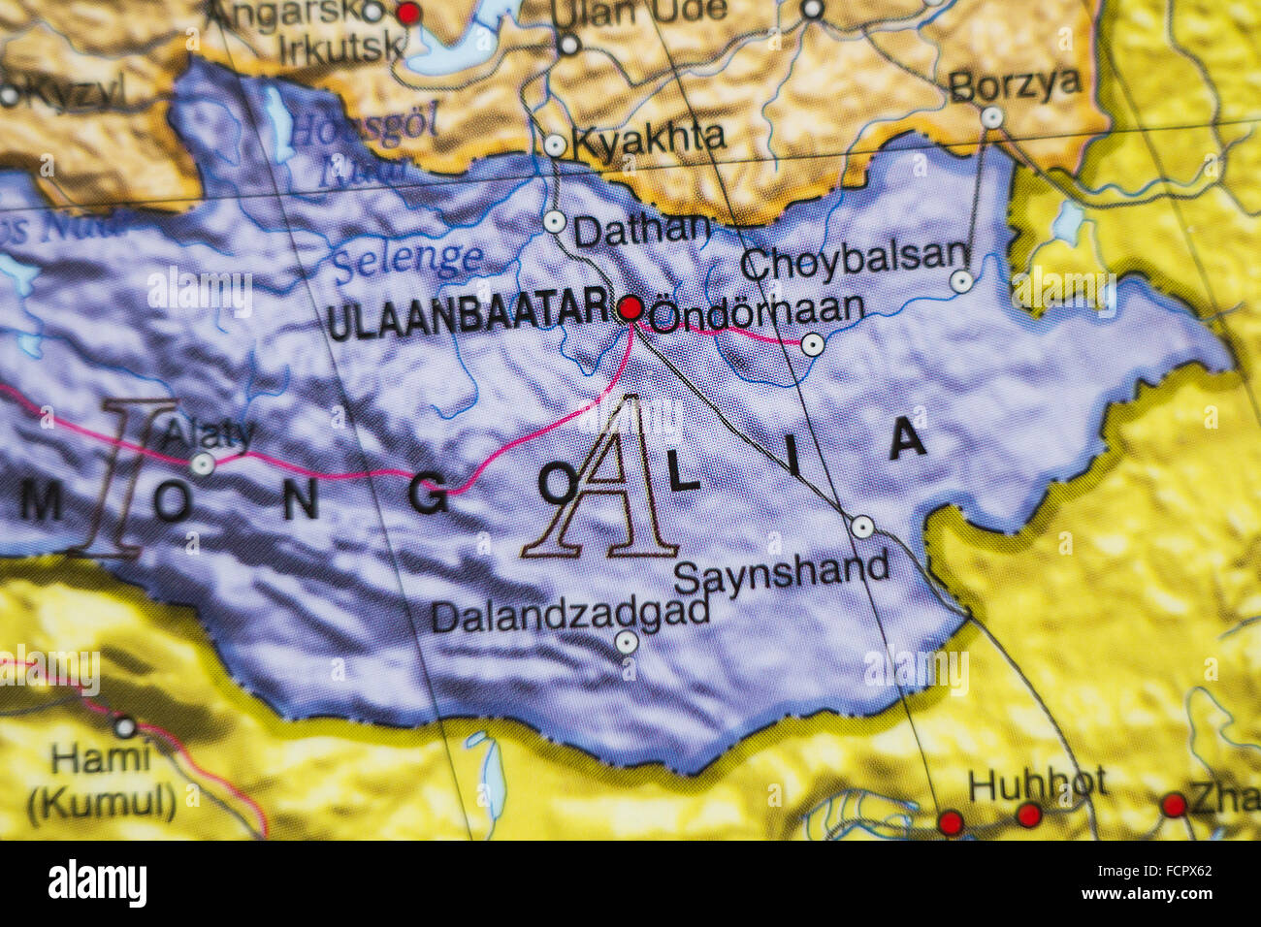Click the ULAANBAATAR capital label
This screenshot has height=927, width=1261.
[x=469, y=316]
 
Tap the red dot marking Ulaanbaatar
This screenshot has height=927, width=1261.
[x=630, y=308]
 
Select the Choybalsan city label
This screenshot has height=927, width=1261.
[x=854, y=260]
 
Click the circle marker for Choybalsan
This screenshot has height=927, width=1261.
[x=960, y=281]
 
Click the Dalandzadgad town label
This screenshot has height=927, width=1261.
[x=569, y=614]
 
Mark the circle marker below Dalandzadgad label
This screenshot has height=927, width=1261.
[x=627, y=642]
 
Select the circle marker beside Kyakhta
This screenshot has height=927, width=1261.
[x=555, y=145]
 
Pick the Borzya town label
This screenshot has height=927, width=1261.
[x=1014, y=85]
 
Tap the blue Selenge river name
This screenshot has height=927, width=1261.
[x=407, y=260]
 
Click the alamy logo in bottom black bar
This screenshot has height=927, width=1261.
[x=97, y=883]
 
